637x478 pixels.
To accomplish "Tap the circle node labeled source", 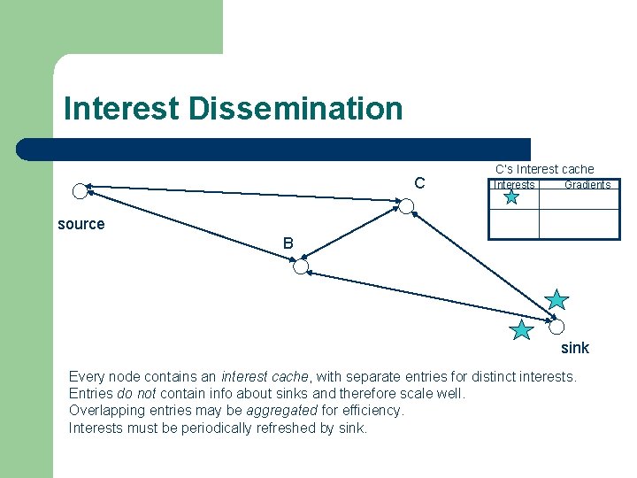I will pyautogui.click(x=80, y=190).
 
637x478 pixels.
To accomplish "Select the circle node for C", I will pyautogui.click(x=406, y=207).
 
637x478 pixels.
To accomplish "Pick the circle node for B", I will pyautogui.click(x=301, y=266).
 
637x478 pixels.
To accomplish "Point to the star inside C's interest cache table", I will pyautogui.click(x=511, y=197).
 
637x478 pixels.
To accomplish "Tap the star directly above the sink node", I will pyautogui.click(x=556, y=300).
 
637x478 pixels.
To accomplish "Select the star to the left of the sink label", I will pyautogui.click(x=522, y=331).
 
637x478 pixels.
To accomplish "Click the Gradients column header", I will pyautogui.click(x=587, y=185).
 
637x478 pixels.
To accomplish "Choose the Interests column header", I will pyautogui.click(x=513, y=185).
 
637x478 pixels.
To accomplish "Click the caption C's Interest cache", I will pyautogui.click(x=544, y=169).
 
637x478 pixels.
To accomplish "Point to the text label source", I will pyautogui.click(x=81, y=224).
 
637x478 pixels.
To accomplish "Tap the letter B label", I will pyautogui.click(x=288, y=243).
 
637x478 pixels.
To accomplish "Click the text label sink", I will pyautogui.click(x=574, y=348).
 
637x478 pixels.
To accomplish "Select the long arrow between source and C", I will pyautogui.click(x=242, y=195).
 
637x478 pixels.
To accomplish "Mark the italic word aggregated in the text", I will pyautogui.click(x=282, y=411).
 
